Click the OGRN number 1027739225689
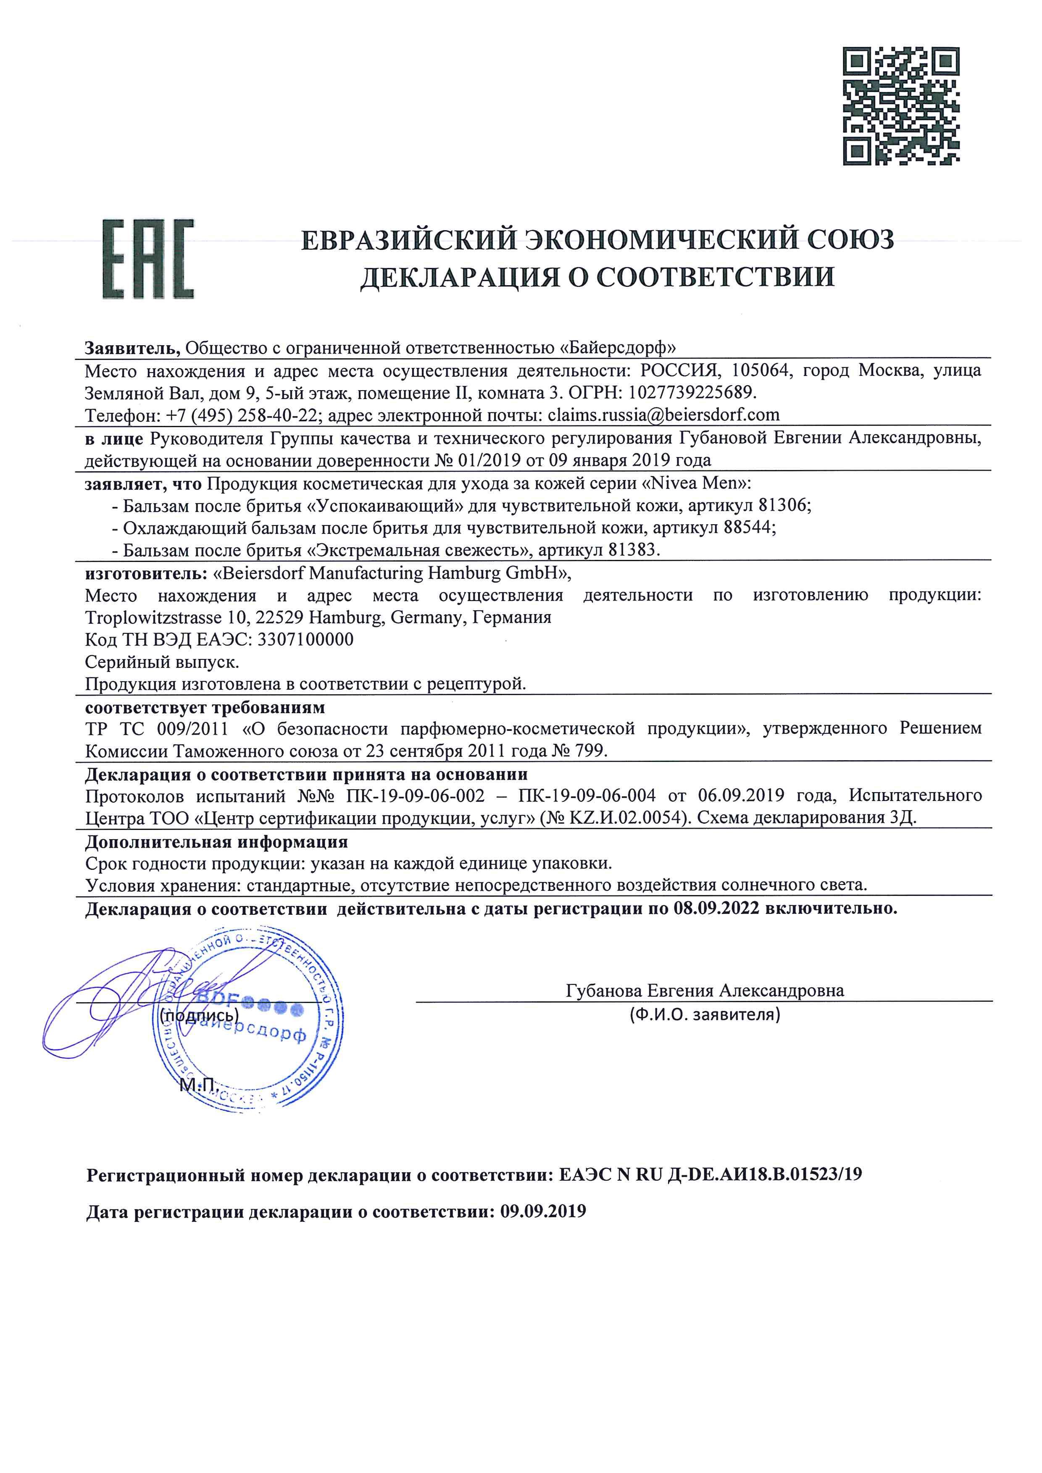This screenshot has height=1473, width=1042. tap(693, 393)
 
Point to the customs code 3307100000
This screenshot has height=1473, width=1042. tap(305, 640)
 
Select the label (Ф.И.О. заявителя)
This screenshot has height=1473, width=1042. tap(705, 1015)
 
